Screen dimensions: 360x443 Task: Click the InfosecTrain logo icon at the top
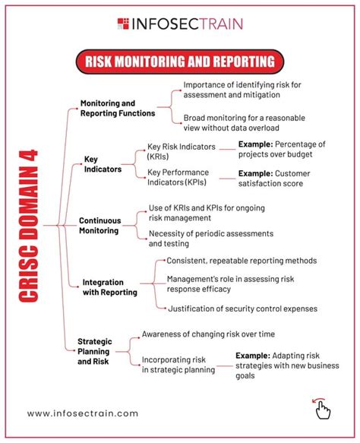click(x=124, y=24)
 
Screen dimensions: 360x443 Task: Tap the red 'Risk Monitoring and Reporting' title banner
click(x=179, y=60)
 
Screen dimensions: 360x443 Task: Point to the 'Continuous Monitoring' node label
click(x=99, y=225)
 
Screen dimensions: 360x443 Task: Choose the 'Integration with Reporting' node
click(x=109, y=286)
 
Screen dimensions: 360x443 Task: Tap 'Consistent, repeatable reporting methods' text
click(x=241, y=261)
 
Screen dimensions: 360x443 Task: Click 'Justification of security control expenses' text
click(x=242, y=308)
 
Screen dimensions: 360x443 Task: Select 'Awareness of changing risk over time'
click(x=208, y=334)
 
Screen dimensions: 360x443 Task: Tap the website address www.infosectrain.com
click(x=83, y=413)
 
